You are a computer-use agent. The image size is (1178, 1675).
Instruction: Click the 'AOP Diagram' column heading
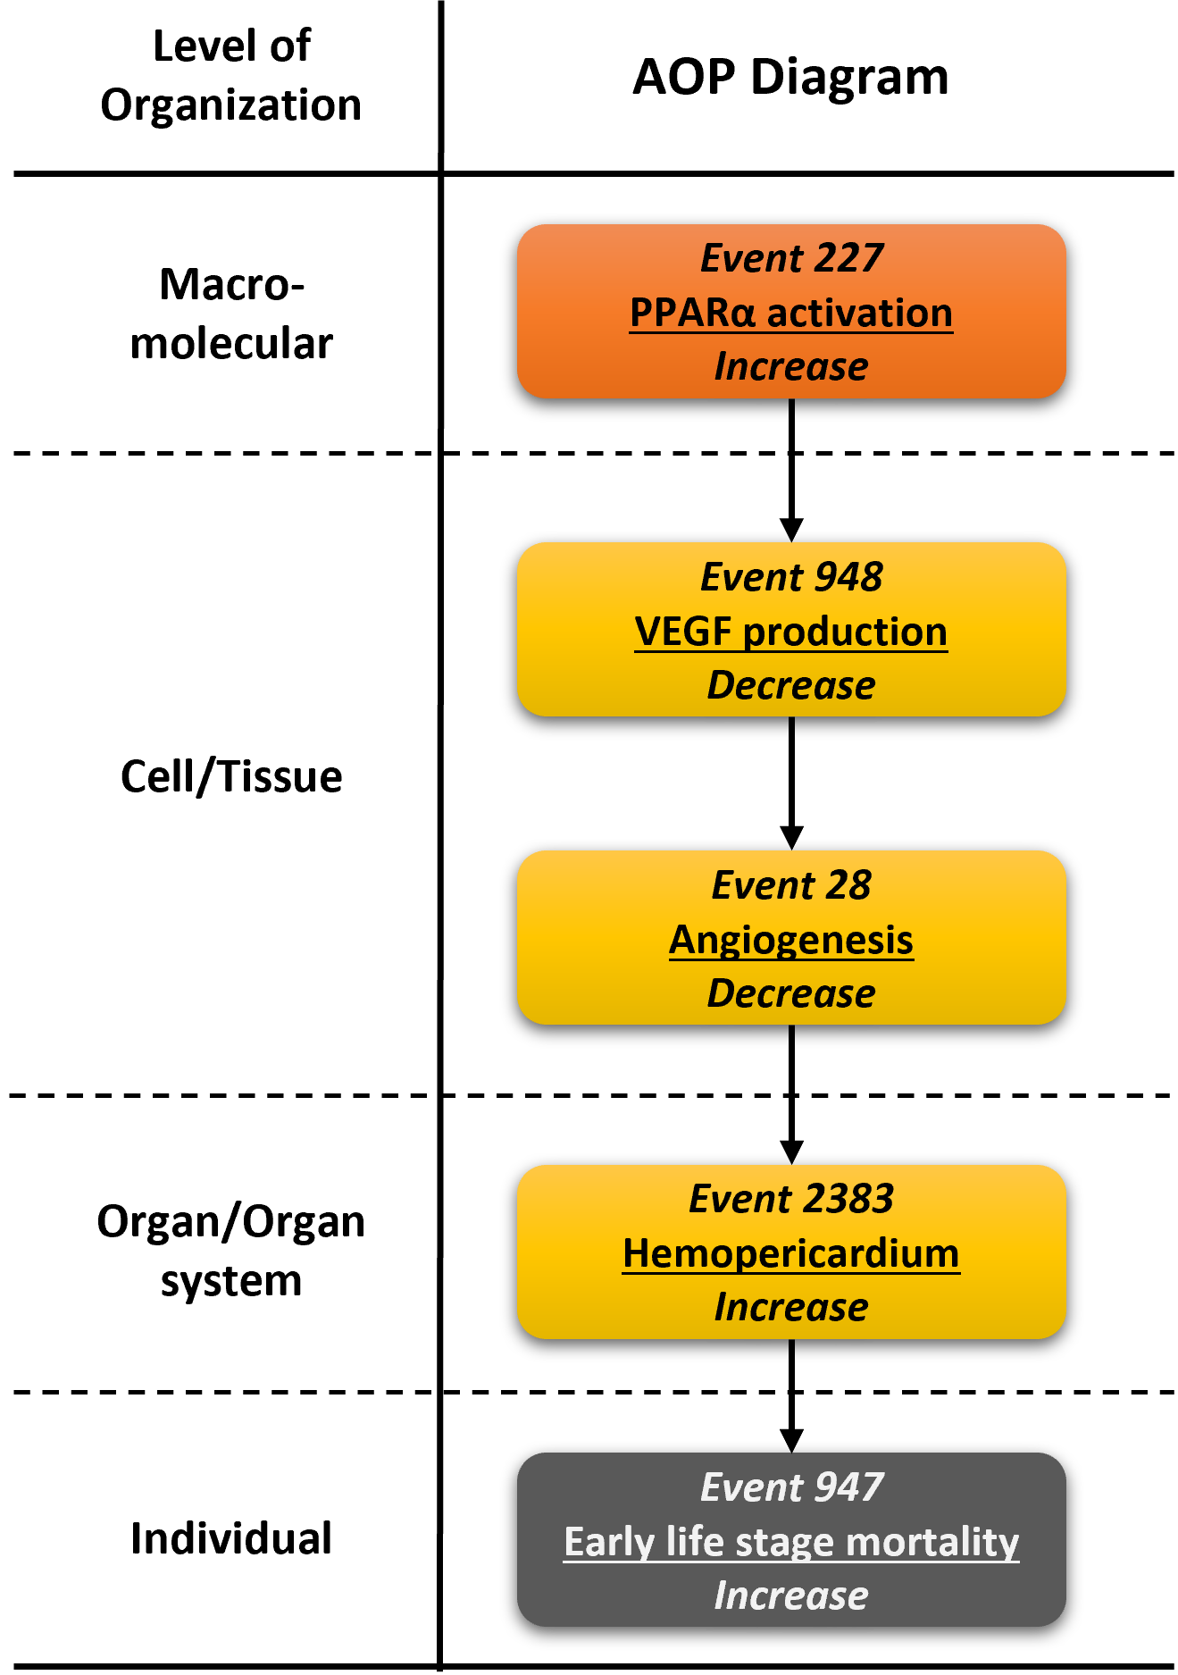tap(790, 77)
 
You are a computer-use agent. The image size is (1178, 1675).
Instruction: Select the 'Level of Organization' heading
tap(231, 75)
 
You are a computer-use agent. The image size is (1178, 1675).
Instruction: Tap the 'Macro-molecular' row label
tap(231, 314)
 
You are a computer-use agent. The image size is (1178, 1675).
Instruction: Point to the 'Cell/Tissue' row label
tap(231, 775)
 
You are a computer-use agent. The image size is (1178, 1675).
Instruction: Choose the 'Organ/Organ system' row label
tap(231, 1251)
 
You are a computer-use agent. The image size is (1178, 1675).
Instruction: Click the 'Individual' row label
tap(231, 1538)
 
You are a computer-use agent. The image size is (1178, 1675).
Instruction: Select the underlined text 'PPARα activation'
tap(791, 314)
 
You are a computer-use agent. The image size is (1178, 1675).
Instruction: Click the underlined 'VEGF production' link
tap(791, 632)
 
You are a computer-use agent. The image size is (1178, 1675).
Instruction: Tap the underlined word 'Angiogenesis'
tap(791, 941)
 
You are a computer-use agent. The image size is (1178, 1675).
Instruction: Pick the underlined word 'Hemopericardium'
tap(791, 1254)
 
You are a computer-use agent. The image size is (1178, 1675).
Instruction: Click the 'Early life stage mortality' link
tap(791, 1543)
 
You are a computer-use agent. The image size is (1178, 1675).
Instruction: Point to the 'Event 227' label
tap(791, 258)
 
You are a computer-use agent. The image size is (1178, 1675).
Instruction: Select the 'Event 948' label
tap(791, 577)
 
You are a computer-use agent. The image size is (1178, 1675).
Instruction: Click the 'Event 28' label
tap(791, 885)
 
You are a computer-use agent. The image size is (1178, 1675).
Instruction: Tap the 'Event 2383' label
tap(791, 1199)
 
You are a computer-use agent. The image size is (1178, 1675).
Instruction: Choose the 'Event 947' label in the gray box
tap(791, 1487)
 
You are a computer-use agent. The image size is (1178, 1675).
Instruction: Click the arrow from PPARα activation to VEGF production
tap(791, 470)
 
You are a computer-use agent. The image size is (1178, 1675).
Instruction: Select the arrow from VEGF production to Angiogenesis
tap(791, 783)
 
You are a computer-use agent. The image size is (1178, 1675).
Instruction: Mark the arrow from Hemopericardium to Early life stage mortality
tap(791, 1396)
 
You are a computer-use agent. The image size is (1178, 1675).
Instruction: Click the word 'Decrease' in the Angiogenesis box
tap(791, 993)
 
